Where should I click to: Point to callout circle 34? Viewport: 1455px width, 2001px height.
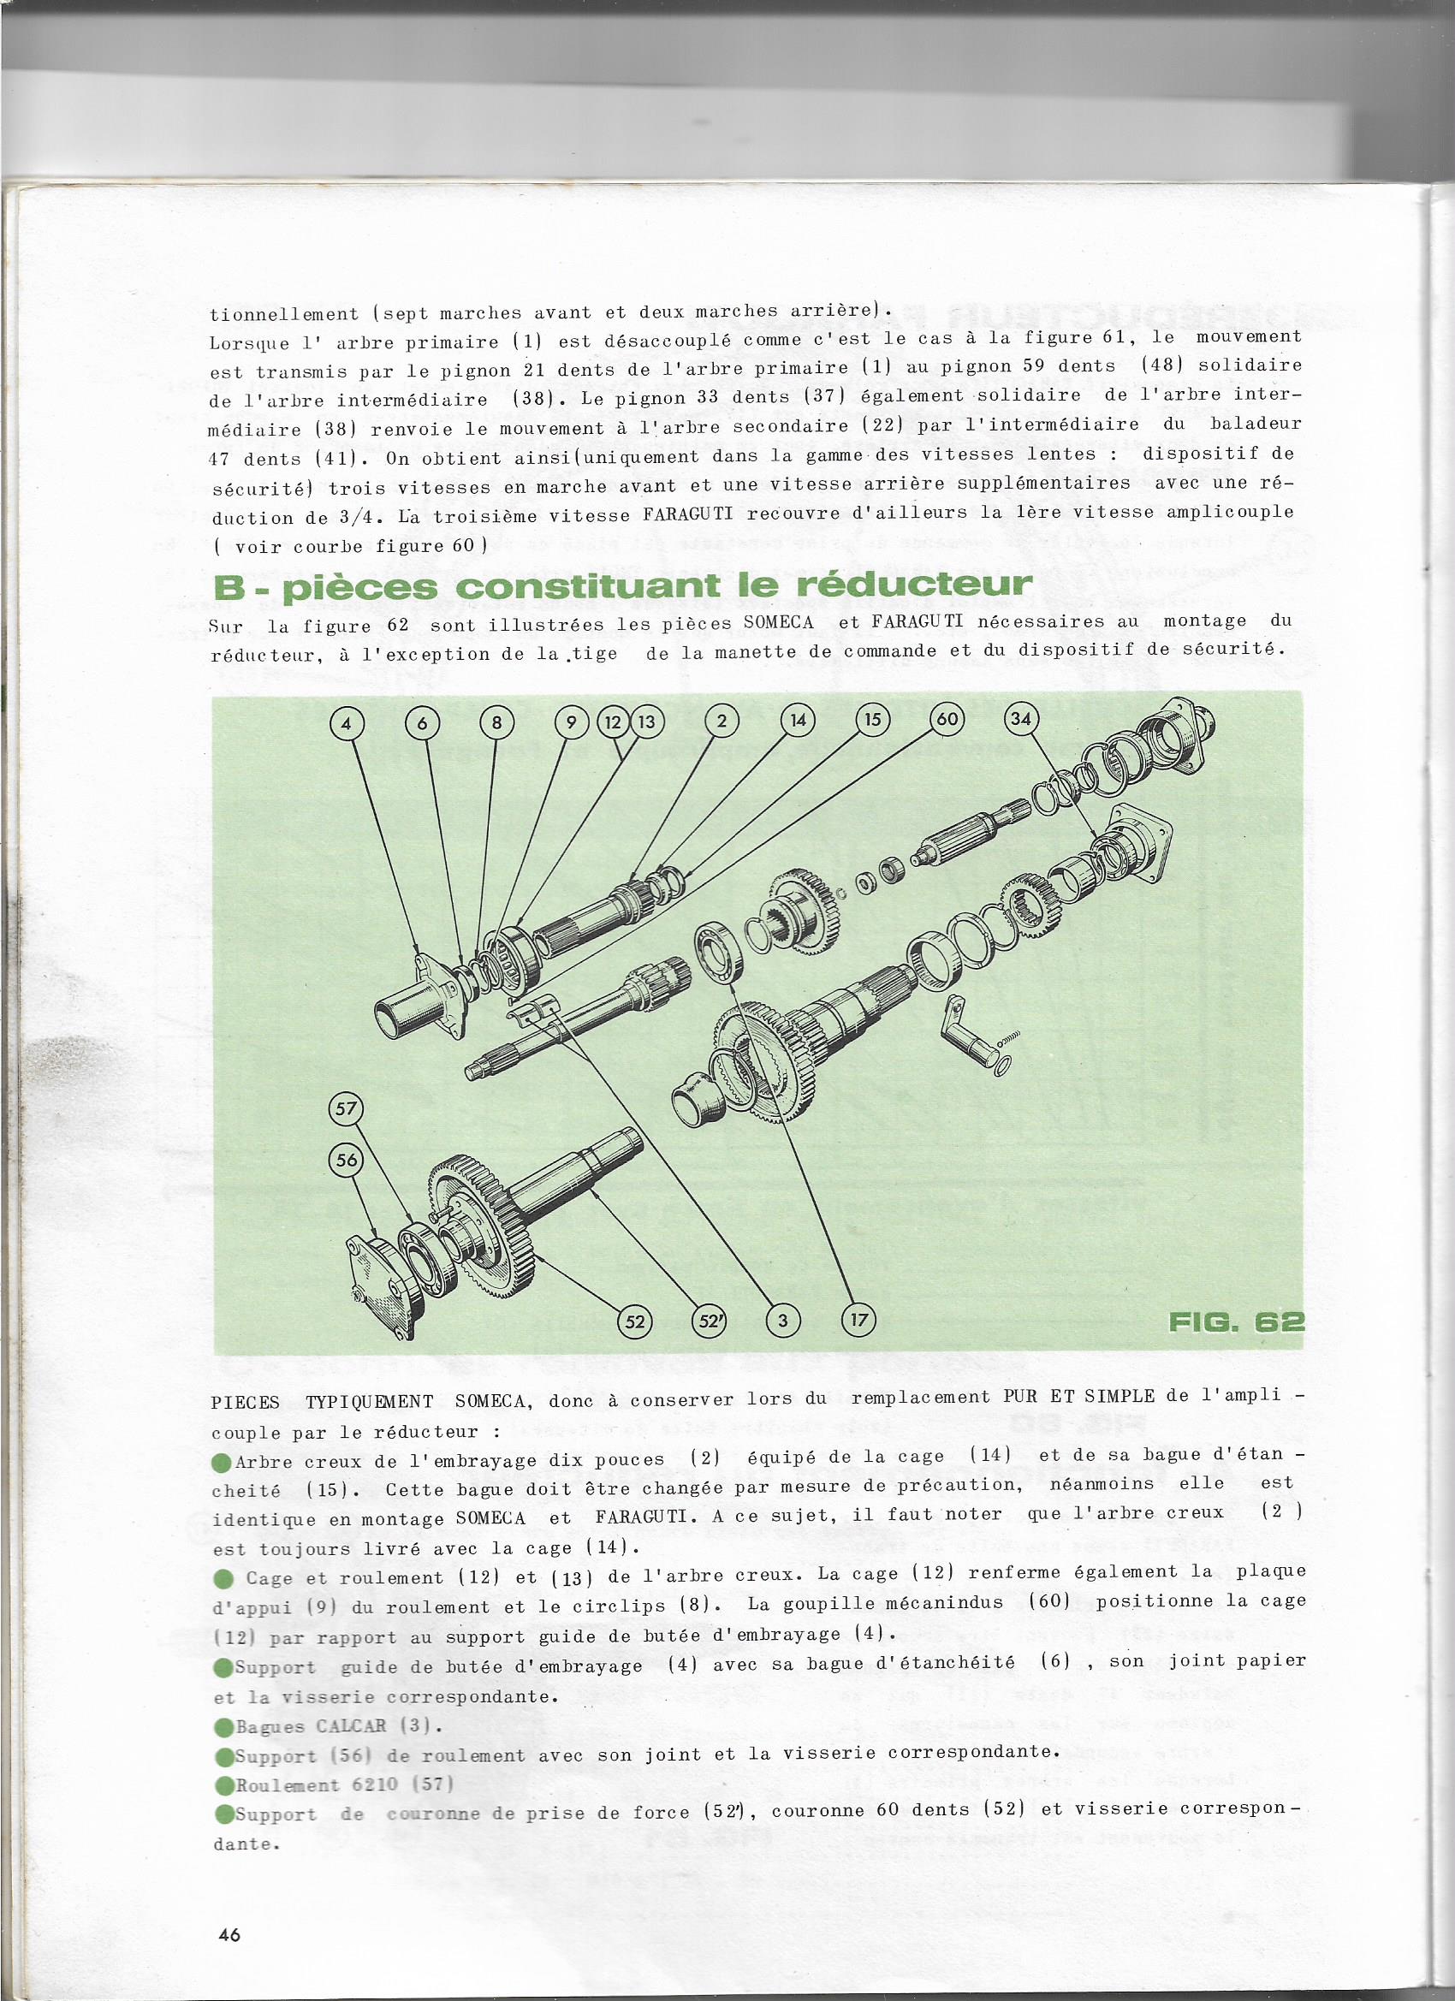pyautogui.click(x=1021, y=719)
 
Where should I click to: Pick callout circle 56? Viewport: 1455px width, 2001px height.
pyautogui.click(x=347, y=1161)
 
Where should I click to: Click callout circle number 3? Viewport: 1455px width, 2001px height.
pyautogui.click(x=782, y=1321)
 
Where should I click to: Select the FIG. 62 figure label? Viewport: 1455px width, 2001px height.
pyautogui.click(x=1234, y=1321)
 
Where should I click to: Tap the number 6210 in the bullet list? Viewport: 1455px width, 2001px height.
pyautogui.click(x=365, y=1784)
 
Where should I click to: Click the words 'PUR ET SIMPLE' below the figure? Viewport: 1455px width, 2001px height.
pyautogui.click(x=1078, y=1396)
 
